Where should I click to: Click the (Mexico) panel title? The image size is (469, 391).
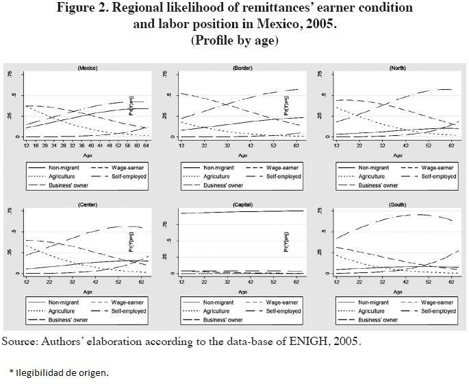coord(87,69)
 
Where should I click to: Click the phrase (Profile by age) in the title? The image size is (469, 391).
coord(233,39)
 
